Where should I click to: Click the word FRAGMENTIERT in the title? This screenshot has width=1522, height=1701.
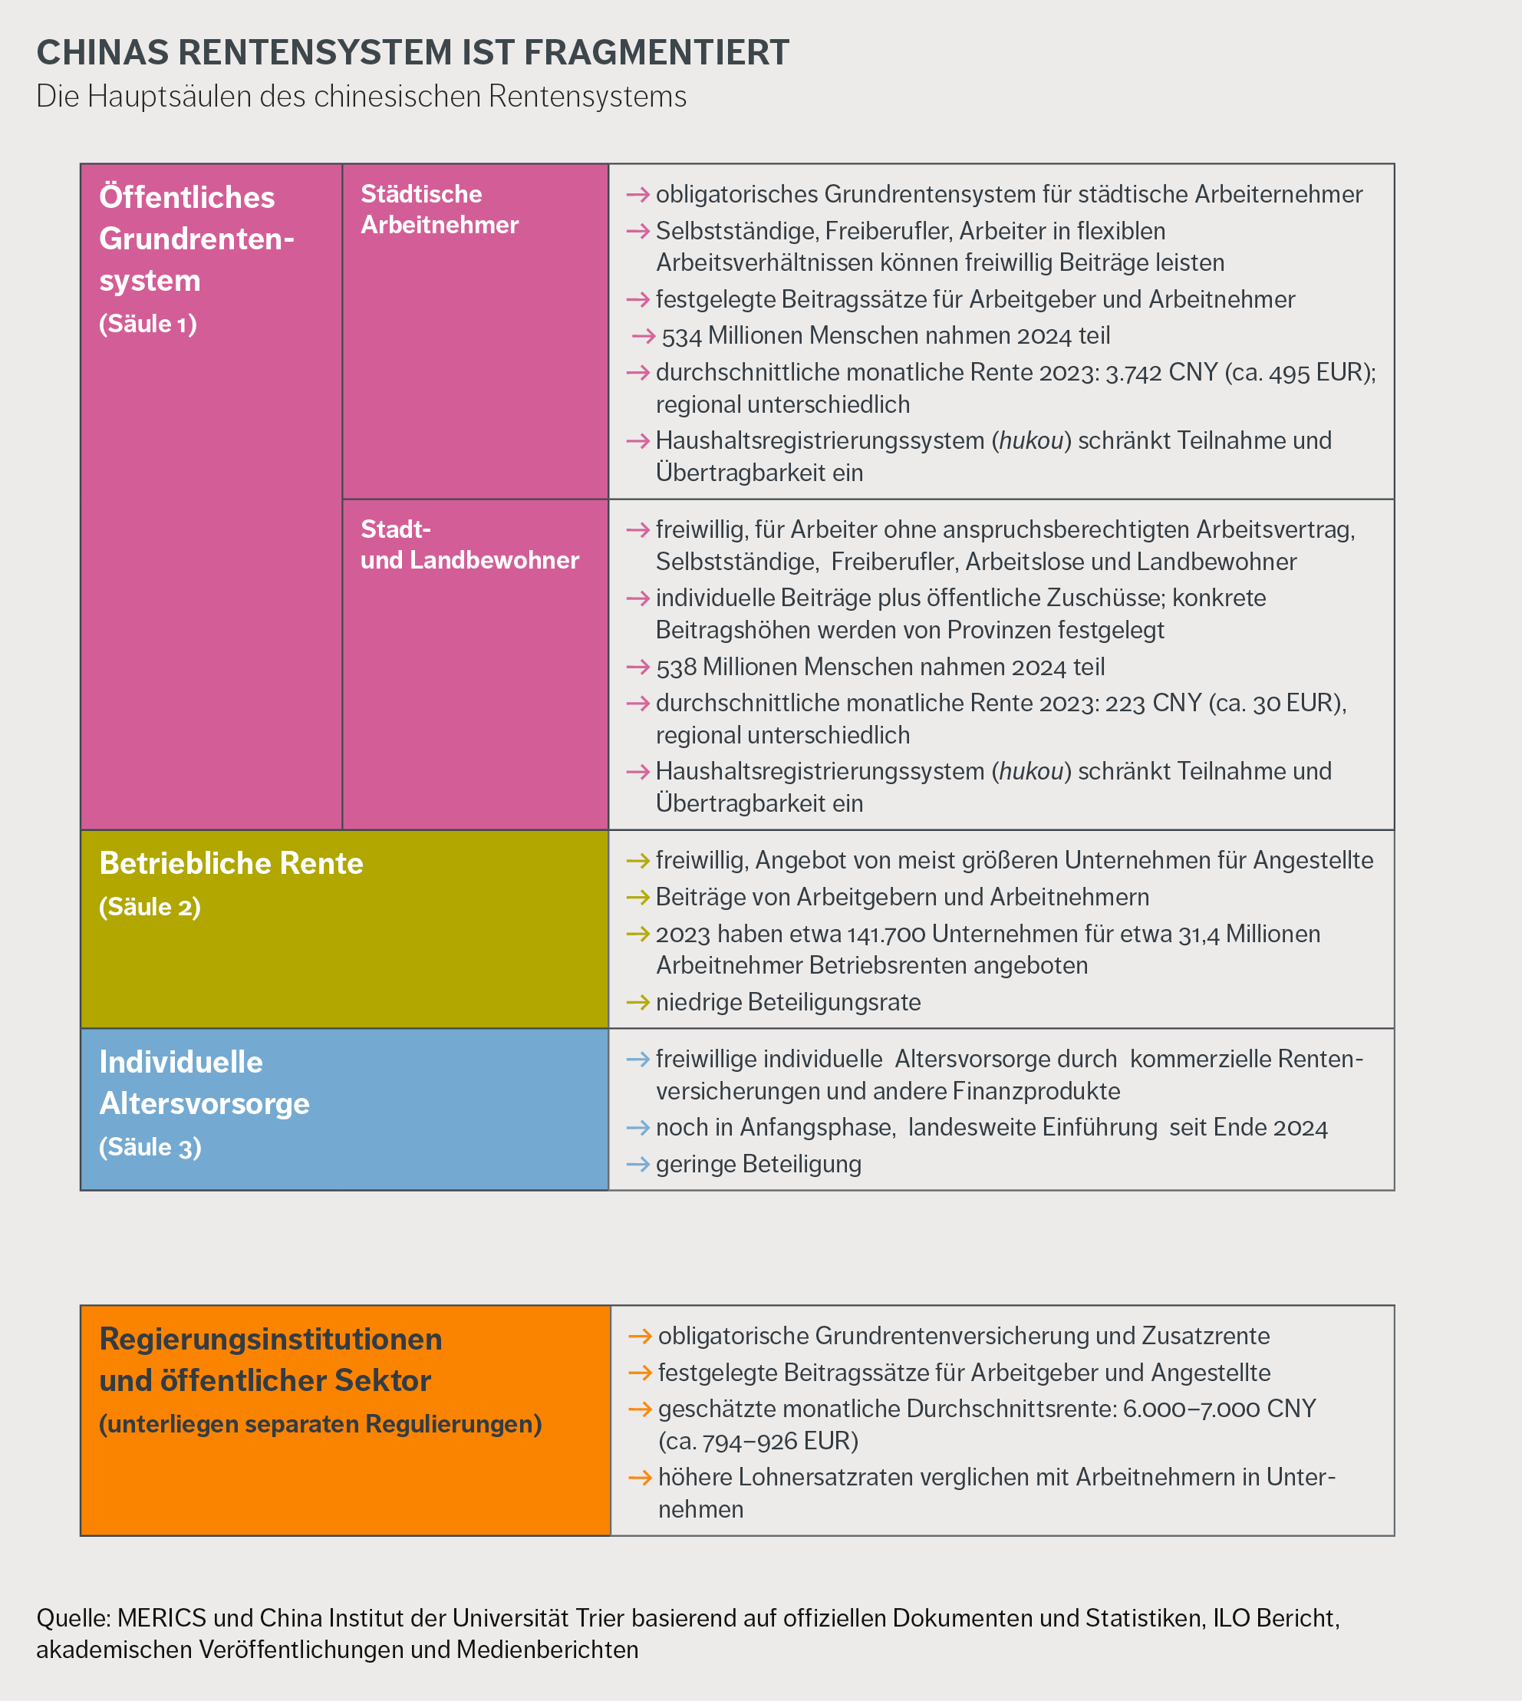click(x=656, y=53)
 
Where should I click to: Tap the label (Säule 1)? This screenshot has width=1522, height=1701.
click(x=148, y=324)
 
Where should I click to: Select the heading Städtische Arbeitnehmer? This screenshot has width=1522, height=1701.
click(x=439, y=209)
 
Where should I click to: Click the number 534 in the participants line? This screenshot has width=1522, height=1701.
click(x=680, y=336)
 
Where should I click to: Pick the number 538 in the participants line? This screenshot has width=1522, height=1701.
click(x=676, y=668)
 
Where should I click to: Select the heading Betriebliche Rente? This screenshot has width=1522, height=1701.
click(x=231, y=863)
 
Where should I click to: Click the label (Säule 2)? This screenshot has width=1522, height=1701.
click(x=150, y=907)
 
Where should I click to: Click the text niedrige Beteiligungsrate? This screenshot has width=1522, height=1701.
click(x=788, y=1002)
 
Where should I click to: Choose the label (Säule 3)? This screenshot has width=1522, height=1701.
click(x=150, y=1146)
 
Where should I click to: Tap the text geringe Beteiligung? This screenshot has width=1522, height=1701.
click(x=758, y=1164)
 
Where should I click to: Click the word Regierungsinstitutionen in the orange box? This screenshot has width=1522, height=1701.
click(x=270, y=1339)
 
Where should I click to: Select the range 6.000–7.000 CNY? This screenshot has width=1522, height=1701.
click(x=1219, y=1409)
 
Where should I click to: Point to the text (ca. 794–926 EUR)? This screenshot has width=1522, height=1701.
click(x=758, y=1441)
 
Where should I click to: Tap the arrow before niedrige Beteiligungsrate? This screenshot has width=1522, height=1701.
click(x=638, y=1002)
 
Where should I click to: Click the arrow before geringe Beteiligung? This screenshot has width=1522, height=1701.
click(x=638, y=1164)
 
